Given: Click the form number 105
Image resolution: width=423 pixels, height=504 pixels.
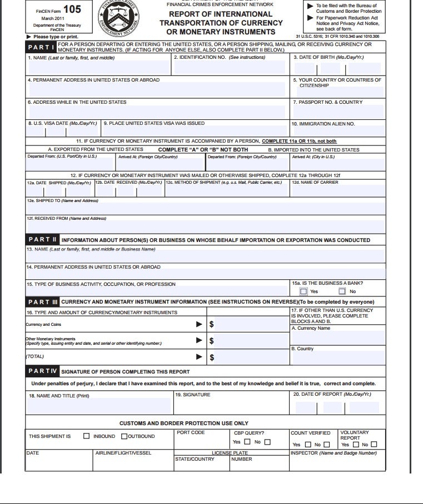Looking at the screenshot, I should [72, 9].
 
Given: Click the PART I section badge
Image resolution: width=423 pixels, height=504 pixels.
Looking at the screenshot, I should [42, 48].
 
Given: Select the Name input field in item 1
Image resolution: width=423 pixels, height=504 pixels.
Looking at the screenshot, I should [99, 68].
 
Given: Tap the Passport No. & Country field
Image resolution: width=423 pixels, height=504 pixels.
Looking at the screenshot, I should [338, 111].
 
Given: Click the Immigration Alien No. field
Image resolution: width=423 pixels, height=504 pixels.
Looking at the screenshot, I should [338, 132].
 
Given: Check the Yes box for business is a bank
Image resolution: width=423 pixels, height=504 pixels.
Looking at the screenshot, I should [303, 291].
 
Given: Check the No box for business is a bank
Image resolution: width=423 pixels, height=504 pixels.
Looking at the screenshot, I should [342, 291].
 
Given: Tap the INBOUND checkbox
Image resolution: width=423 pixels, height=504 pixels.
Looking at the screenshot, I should [86, 436].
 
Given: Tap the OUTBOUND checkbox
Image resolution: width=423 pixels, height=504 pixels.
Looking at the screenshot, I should [124, 436].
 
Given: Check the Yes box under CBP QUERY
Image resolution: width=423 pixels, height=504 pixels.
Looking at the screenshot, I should [247, 442].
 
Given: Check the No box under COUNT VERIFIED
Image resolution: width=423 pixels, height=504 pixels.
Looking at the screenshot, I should [326, 445].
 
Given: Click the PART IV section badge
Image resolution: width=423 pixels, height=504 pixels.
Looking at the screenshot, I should [42, 371].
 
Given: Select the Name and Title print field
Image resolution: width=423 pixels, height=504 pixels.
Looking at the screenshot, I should [99, 406].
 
